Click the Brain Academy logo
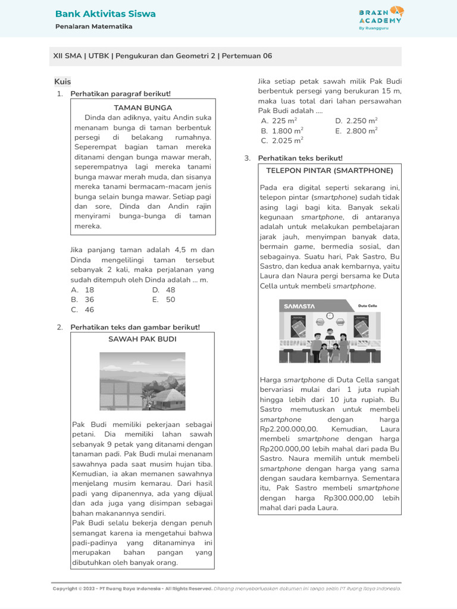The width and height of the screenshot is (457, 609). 381,18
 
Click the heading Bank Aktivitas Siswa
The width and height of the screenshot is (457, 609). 105,14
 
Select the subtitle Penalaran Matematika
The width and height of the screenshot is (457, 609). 93,27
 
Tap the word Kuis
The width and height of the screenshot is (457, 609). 62,81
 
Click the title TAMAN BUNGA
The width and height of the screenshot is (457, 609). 143,108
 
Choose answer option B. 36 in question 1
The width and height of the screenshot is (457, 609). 83,300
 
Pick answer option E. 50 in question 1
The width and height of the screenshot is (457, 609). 164,300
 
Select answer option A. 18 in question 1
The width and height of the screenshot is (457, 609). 83,290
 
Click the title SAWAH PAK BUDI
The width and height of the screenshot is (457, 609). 142,339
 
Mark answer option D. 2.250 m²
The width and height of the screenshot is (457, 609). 356,121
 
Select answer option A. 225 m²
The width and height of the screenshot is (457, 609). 279,121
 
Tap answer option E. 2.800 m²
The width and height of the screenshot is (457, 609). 356,131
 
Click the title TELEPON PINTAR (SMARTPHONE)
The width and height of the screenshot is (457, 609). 330,171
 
